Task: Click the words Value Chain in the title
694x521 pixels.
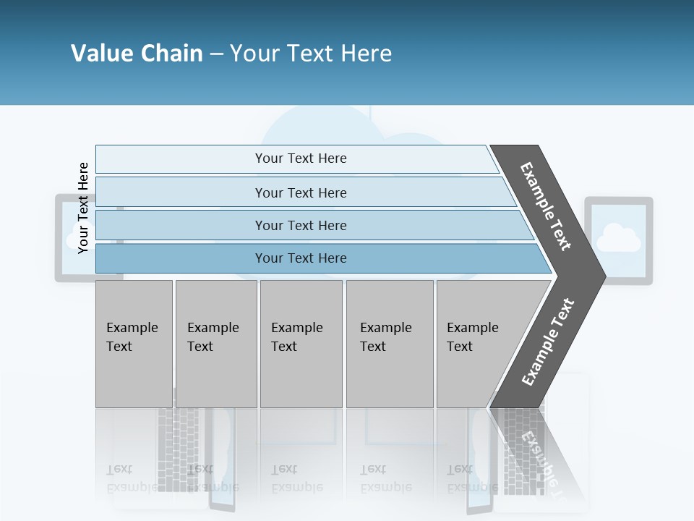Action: click(137, 54)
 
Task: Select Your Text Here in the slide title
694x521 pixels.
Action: click(311, 54)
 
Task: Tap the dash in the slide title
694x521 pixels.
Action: click(216, 54)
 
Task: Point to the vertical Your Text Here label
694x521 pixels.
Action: click(83, 208)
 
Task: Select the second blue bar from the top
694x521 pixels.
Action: click(300, 192)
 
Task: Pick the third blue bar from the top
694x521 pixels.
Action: click(300, 225)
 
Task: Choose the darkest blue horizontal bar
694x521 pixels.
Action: click(300, 258)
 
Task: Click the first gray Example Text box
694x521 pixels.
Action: click(134, 344)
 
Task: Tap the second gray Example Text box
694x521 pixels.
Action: click(216, 344)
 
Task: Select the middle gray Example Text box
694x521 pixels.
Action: click(301, 344)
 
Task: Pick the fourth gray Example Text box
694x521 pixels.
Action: click(390, 344)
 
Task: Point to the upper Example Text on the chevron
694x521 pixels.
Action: click(546, 206)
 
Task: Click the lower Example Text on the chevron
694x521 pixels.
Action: click(548, 342)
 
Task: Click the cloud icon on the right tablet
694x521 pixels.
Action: click(618, 238)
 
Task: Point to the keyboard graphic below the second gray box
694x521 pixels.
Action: click(177, 449)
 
